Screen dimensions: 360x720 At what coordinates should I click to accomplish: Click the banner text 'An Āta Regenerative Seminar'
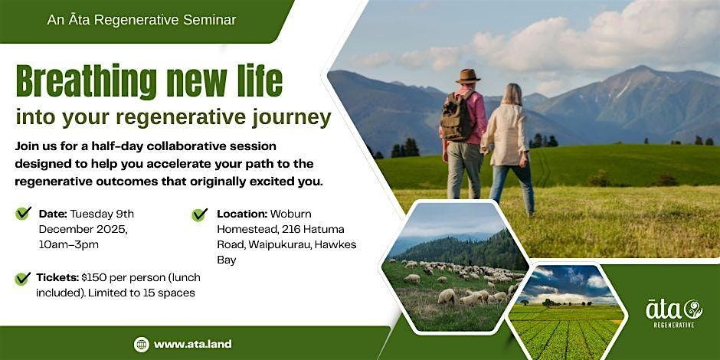click(142, 20)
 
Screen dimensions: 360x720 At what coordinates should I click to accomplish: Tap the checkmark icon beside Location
click(200, 214)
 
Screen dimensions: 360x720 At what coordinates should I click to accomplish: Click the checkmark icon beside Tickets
click(23, 278)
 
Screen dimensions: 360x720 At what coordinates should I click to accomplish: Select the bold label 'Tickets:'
click(58, 277)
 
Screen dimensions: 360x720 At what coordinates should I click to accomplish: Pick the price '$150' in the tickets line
click(98, 277)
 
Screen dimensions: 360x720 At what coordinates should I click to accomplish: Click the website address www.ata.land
click(192, 344)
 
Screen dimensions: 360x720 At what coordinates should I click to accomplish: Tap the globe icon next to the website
click(141, 344)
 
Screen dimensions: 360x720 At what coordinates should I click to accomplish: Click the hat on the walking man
click(467, 76)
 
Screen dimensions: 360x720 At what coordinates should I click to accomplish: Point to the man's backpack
click(459, 116)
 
